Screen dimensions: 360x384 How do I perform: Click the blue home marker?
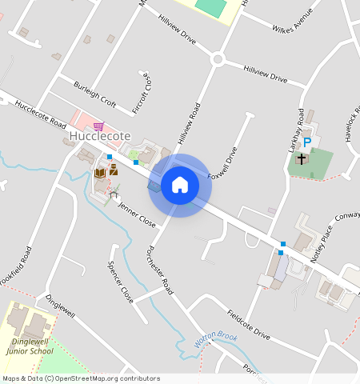click(x=180, y=185)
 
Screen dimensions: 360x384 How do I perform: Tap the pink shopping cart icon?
click(x=98, y=126)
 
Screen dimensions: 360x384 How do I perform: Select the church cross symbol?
click(x=302, y=158)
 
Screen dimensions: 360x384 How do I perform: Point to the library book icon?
click(x=100, y=172)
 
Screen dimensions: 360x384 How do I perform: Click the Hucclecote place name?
click(x=98, y=138)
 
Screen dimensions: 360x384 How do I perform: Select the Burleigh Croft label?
click(x=95, y=94)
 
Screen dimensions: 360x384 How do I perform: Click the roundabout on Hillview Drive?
click(x=218, y=59)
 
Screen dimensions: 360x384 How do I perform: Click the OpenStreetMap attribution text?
click(x=80, y=378)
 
